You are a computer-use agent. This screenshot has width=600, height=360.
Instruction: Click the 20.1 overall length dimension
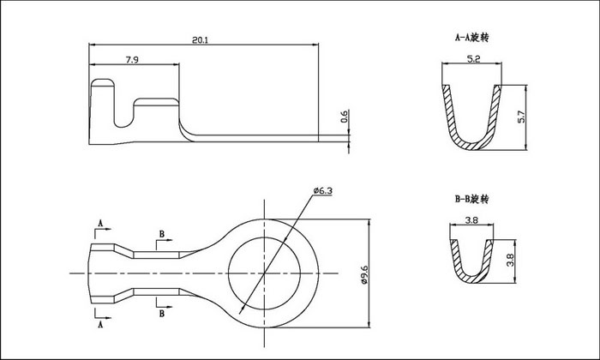[200, 39]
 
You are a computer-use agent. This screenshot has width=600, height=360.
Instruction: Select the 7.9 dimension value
[132, 60]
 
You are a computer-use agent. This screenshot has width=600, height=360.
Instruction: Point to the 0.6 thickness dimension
[344, 117]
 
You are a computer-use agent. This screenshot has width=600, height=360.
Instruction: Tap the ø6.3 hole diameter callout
[322, 190]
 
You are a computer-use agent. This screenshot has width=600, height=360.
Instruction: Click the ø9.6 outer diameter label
[364, 274]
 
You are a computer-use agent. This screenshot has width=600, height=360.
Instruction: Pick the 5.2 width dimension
[473, 59]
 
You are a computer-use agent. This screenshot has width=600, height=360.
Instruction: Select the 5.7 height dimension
[521, 117]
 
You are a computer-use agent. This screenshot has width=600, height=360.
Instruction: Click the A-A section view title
[471, 38]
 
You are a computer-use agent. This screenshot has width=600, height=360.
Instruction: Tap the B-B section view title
[471, 199]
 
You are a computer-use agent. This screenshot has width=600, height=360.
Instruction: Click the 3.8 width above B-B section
[471, 220]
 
